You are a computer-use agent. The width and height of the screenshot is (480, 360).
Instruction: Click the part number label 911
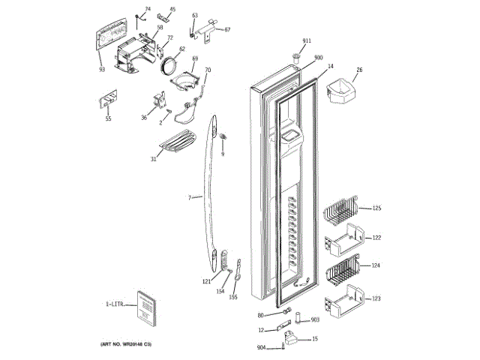[307, 40]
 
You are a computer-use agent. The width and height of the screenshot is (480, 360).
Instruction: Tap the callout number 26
[358, 70]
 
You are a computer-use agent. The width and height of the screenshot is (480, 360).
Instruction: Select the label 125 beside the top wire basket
[376, 208]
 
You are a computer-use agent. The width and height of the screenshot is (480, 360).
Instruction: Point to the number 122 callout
[376, 238]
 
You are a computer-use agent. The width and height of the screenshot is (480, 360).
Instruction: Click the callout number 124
[376, 266]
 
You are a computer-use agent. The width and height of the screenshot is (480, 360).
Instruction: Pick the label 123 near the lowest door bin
[376, 298]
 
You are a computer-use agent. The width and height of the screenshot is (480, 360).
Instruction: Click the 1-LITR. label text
[115, 304]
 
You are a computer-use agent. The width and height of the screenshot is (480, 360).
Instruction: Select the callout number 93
[102, 70]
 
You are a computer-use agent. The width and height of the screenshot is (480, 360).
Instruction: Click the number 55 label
[108, 118]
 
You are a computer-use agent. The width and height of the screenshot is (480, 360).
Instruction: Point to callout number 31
[153, 158]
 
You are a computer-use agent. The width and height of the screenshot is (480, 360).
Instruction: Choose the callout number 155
[233, 298]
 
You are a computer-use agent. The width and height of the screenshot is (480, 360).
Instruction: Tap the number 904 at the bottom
[261, 347]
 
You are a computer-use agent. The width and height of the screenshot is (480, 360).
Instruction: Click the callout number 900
[318, 58]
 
